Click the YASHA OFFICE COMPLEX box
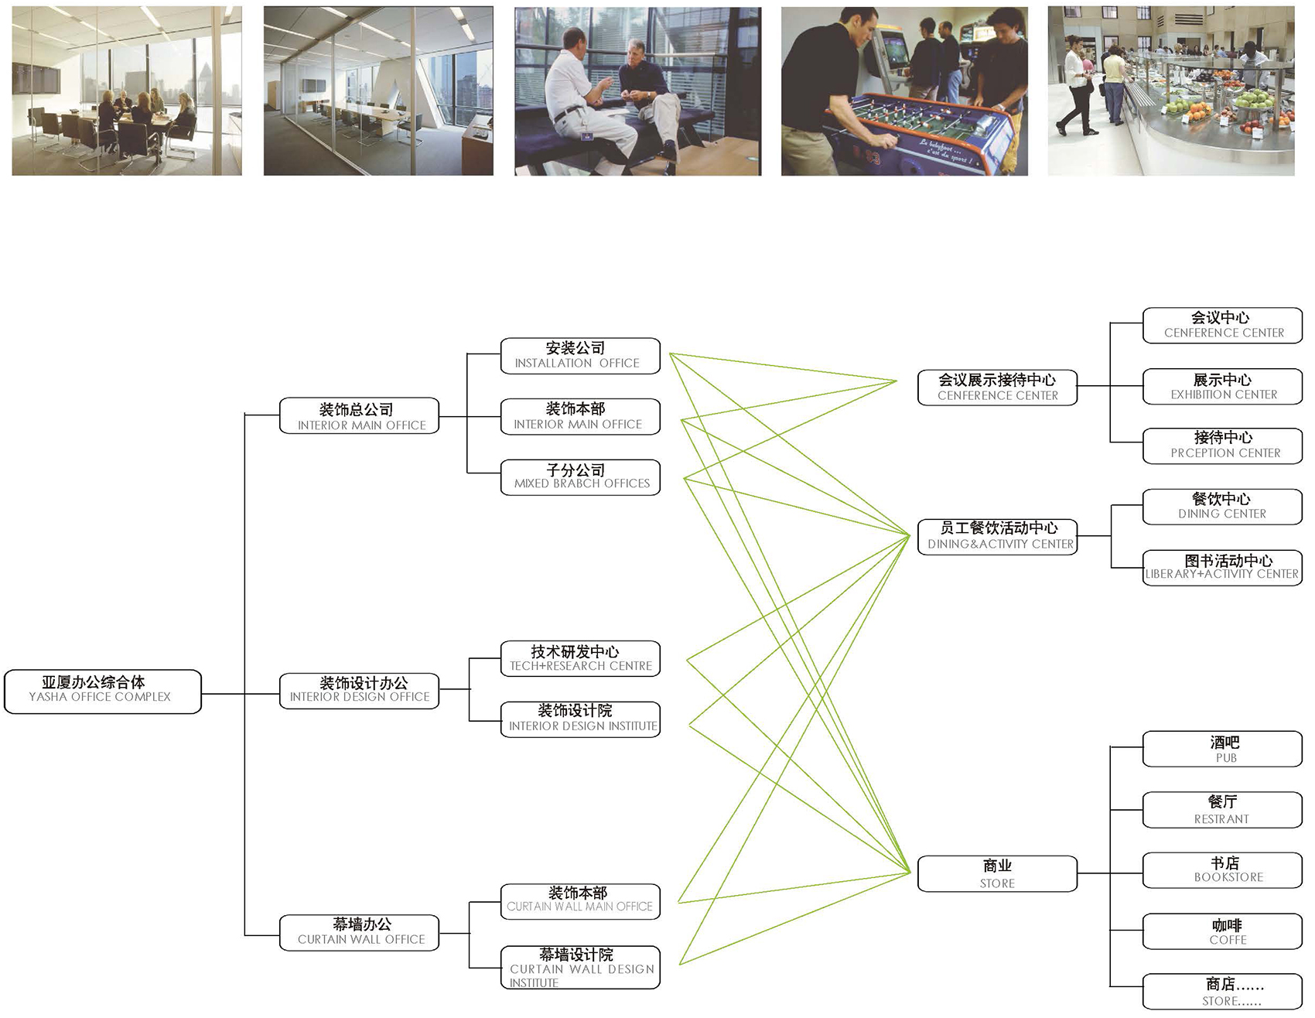pyautogui.click(x=102, y=691)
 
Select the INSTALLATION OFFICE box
pyautogui.click(x=580, y=356)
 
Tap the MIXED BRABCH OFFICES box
pyautogui.click(x=580, y=477)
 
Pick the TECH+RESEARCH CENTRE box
pyautogui.click(x=580, y=658)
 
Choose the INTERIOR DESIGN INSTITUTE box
pyautogui.click(x=580, y=719)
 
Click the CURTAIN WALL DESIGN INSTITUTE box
pyautogui.click(x=580, y=967)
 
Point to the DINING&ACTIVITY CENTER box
pyautogui.click(x=997, y=536)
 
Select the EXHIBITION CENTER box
pyautogui.click(x=1222, y=387)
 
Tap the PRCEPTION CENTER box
pyautogui.click(x=1222, y=446)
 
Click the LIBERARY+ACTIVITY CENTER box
pyautogui.click(x=1222, y=568)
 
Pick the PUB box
pyautogui.click(x=1222, y=749)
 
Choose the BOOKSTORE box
pyautogui.click(x=1222, y=869)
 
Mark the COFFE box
pyautogui.click(x=1222, y=931)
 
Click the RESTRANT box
pyautogui.click(x=1222, y=810)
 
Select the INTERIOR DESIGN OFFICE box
pyautogui.click(x=359, y=690)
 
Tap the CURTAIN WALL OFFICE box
pyautogui.click(x=359, y=932)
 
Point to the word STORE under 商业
pyautogui.click(x=997, y=883)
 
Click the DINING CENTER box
pyautogui.click(x=1222, y=507)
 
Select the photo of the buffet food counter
pyautogui.click(x=1170, y=91)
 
